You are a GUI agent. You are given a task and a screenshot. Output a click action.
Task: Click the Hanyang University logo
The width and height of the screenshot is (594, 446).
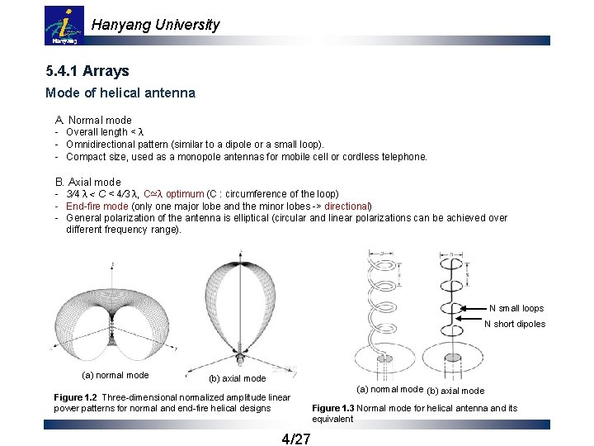(x=64, y=26)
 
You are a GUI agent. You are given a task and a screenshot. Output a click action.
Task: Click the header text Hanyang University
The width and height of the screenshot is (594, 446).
(x=155, y=25)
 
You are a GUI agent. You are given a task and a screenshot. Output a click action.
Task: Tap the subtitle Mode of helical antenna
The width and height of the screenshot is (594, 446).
(x=120, y=93)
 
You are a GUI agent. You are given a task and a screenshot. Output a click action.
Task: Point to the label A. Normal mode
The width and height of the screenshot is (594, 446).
(x=93, y=120)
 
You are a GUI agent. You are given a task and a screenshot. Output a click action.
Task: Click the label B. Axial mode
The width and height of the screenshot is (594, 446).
(x=87, y=182)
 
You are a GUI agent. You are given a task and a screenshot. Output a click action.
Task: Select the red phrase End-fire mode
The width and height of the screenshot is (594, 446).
(x=97, y=206)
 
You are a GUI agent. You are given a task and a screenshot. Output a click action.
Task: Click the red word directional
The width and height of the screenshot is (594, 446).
(x=346, y=206)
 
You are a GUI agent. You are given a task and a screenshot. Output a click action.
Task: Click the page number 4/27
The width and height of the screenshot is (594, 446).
(x=296, y=438)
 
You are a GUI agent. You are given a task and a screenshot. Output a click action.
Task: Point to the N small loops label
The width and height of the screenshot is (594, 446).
(x=516, y=308)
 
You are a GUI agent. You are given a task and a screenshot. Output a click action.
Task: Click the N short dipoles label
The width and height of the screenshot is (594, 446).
(x=514, y=324)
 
